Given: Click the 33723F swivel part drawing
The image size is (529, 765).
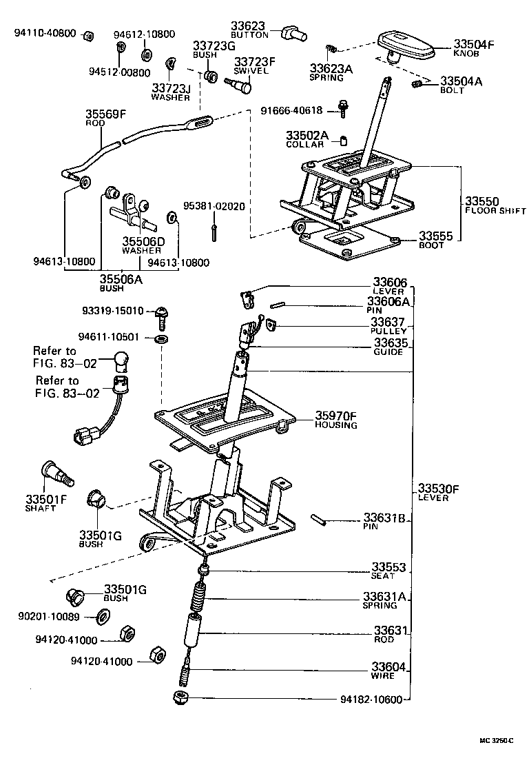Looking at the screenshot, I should point(239,85).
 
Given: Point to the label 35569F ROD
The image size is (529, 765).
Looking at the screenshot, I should point(101,118).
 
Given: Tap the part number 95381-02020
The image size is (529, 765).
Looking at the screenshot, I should point(214,207).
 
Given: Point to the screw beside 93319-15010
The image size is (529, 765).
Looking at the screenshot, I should point(163,315).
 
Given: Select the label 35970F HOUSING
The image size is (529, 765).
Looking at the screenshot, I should point(336,420).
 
